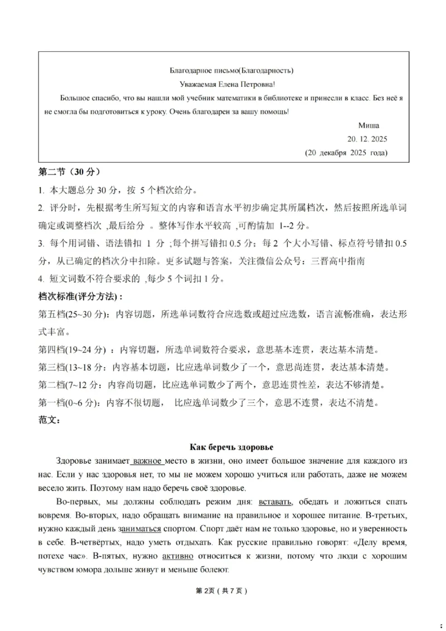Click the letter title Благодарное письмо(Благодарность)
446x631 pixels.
pyautogui.click(x=231, y=70)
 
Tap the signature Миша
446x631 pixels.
pyautogui.click(x=369, y=125)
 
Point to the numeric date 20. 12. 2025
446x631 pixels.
pyautogui.click(x=367, y=139)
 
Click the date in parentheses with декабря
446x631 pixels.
pyautogui.click(x=346, y=153)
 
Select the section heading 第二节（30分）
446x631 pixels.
pyautogui.click(x=69, y=171)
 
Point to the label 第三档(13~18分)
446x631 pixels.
pyautogui.click(x=70, y=368)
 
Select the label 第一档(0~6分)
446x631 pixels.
pyautogui.click(x=69, y=403)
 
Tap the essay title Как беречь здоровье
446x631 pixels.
pyautogui.click(x=231, y=447)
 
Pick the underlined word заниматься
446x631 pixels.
pyautogui.click(x=139, y=528)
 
